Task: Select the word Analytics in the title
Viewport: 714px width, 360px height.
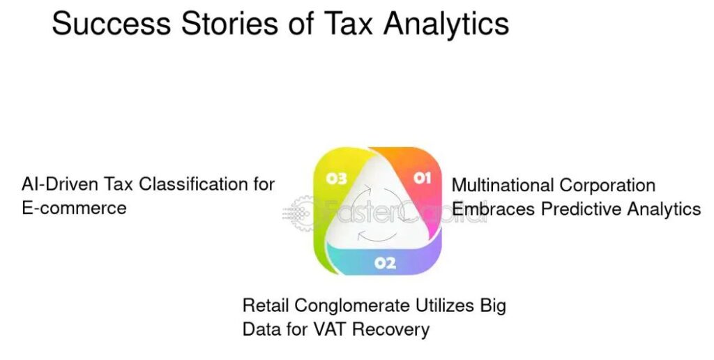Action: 446,25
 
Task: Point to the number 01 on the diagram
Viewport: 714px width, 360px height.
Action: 422,177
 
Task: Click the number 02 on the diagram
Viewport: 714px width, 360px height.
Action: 385,263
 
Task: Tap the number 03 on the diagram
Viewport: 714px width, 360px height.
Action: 337,179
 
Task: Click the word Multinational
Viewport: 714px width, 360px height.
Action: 503,185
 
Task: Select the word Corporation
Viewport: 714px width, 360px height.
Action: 607,186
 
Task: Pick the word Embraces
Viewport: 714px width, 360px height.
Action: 494,209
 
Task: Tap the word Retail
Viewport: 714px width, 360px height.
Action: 266,305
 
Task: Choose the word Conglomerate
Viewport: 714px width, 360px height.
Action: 352,306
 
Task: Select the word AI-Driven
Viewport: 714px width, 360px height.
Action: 60,184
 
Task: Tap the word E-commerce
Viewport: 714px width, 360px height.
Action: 74,208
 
